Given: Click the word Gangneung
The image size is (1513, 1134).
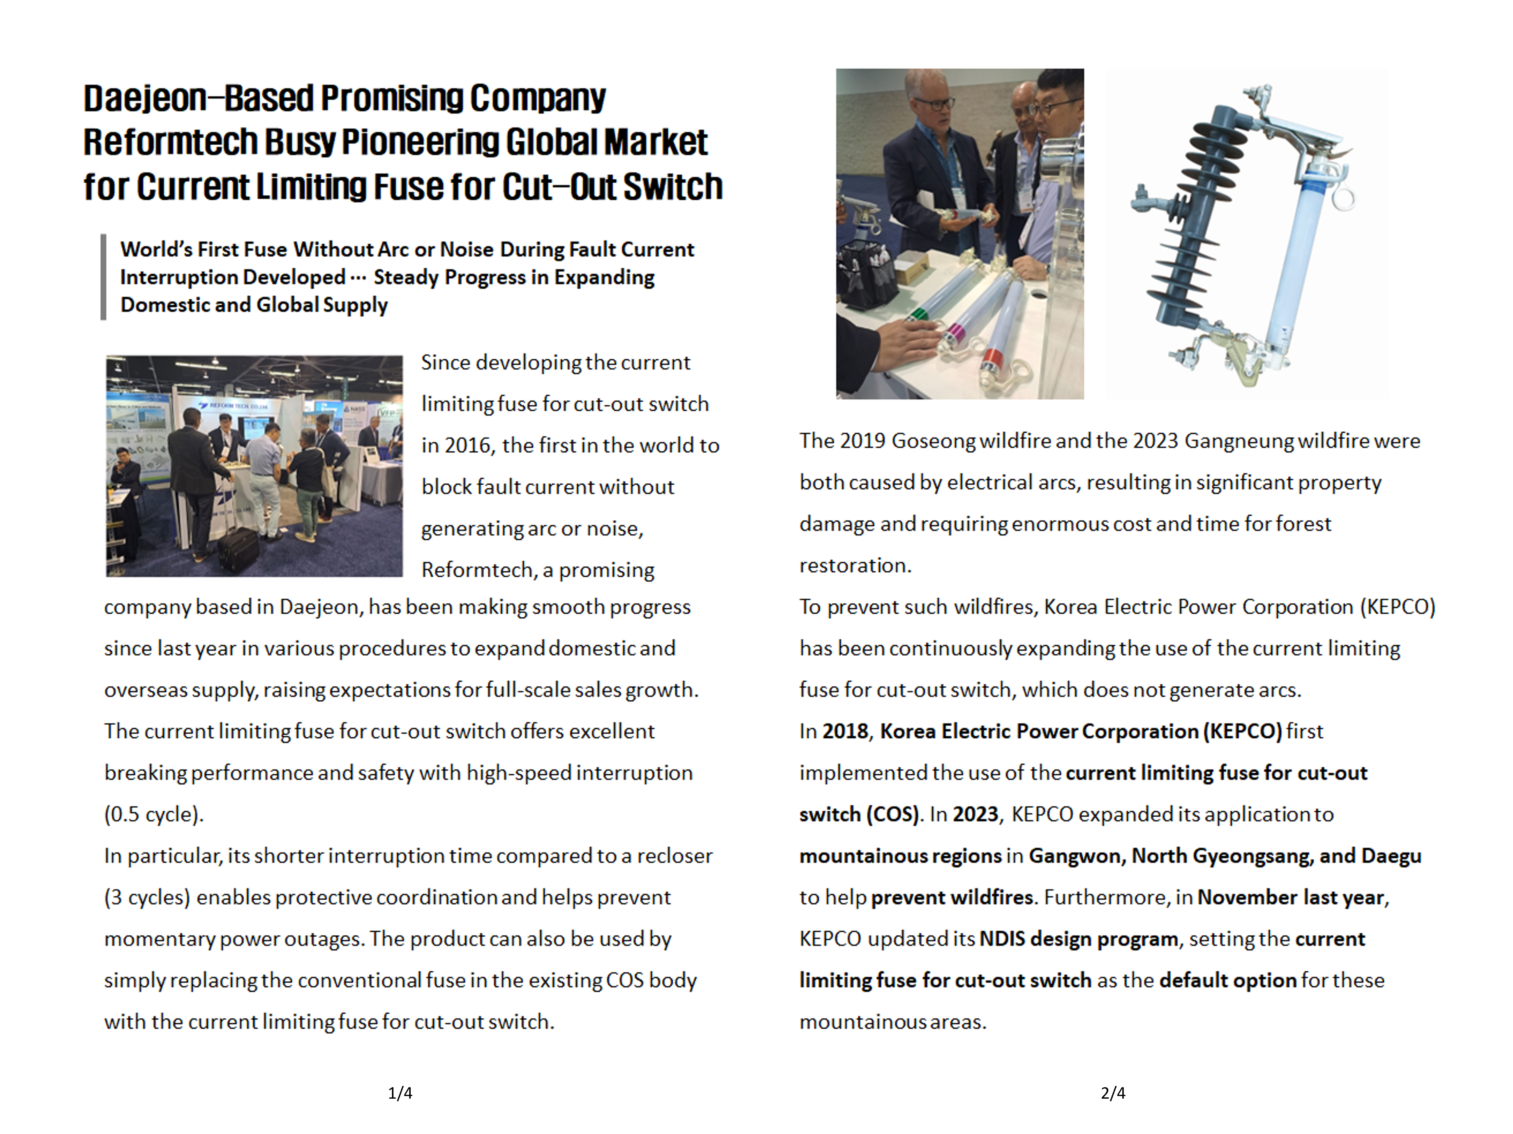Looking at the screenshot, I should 1238,441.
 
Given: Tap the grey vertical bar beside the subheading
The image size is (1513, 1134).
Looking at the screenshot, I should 103,277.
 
